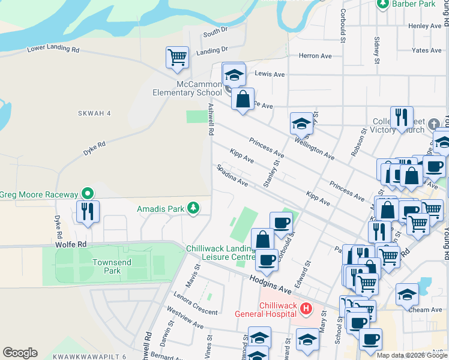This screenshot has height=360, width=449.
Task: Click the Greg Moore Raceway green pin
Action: point(88,194)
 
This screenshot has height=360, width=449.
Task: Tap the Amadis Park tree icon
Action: point(193,208)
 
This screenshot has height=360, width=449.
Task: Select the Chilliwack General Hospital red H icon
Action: point(306,309)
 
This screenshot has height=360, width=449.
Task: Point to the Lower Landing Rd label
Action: point(53,49)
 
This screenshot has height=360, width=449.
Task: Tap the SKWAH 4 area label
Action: point(95,113)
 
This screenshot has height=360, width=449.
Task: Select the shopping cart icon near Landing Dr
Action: point(177,58)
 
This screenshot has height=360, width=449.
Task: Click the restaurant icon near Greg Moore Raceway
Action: point(88,211)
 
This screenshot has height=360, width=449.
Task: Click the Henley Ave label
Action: point(424,26)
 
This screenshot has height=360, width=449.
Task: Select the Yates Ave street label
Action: point(427,51)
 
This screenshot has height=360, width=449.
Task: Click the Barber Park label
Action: point(413,4)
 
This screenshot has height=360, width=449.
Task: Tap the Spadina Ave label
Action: point(232,175)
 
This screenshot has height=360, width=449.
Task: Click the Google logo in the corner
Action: point(20,353)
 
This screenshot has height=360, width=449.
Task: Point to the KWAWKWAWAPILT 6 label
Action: point(89,356)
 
